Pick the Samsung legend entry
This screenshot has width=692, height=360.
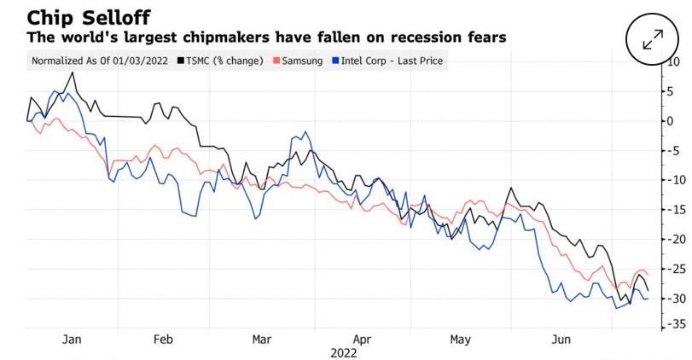point(298,61)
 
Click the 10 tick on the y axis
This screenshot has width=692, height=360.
point(671,61)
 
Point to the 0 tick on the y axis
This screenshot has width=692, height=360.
point(671,120)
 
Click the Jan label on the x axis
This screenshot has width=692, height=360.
point(73,340)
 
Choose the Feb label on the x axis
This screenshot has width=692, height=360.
point(163,340)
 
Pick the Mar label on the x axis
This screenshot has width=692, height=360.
point(262,340)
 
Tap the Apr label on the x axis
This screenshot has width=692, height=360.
point(362,340)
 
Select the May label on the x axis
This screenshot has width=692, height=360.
point(460,340)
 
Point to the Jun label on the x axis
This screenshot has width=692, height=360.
point(560,340)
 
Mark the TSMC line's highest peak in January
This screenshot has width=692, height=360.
point(73,73)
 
